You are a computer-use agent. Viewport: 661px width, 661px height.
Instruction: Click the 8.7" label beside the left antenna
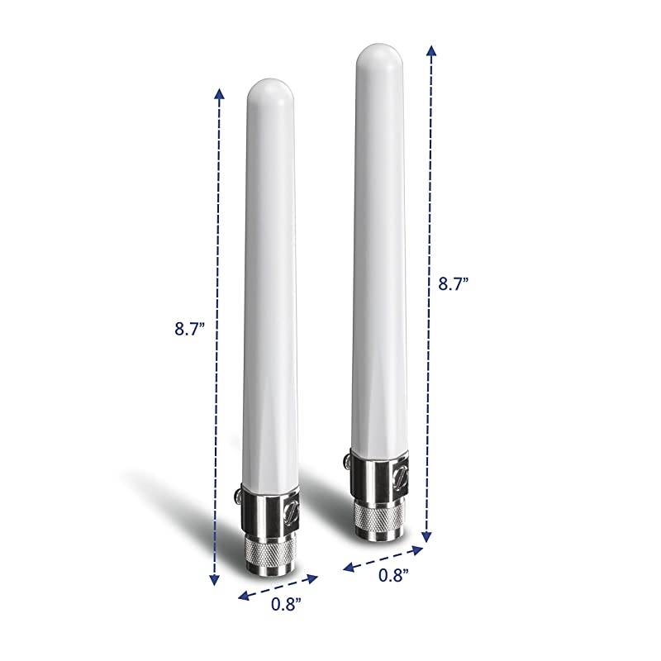189,328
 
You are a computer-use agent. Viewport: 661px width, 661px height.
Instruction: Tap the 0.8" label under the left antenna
285,604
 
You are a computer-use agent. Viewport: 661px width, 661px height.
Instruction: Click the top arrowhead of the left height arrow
219,93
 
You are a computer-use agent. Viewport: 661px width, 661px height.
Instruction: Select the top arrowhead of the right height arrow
431,51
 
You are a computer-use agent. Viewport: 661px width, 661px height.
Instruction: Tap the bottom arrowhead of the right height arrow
426,537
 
